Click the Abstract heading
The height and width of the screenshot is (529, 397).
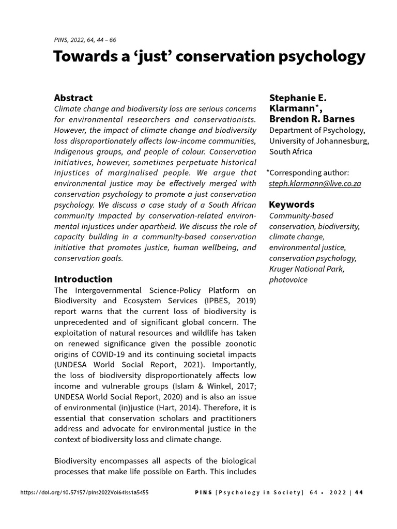tap(73, 98)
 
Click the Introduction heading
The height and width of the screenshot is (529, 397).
tap(83, 279)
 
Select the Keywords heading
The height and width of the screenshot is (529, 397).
tap(292, 204)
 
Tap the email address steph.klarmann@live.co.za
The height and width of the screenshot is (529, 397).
tap(315, 183)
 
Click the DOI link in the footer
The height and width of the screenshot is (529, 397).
tap(84, 492)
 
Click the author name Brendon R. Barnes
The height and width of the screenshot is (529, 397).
tap(312, 119)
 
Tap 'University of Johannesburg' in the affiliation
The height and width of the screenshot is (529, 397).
tap(319, 141)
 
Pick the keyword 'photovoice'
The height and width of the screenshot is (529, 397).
tap(288, 279)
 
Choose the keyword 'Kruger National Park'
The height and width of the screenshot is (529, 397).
tap(307, 269)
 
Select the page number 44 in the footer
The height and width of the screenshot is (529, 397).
tap(359, 492)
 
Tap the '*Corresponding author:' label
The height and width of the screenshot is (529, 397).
tap(308, 173)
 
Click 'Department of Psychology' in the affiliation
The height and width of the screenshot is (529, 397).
tap(317, 130)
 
